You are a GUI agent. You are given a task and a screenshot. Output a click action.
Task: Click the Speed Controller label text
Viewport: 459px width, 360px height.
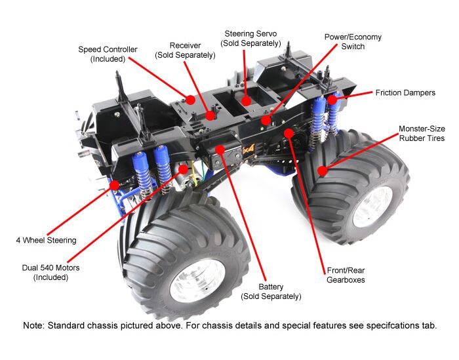click(x=108, y=54)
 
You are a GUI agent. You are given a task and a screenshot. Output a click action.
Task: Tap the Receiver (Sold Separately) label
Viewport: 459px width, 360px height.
click(x=185, y=50)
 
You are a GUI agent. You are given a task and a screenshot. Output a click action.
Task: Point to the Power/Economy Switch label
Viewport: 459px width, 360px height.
click(x=353, y=42)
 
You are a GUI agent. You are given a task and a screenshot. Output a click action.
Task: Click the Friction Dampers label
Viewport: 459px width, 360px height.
click(x=405, y=93)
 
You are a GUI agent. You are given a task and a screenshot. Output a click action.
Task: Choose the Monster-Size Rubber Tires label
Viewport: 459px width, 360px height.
click(x=422, y=133)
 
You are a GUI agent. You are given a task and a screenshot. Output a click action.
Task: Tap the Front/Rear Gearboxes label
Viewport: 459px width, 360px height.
click(x=346, y=275)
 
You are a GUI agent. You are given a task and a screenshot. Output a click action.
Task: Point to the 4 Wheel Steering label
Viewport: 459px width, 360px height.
click(x=46, y=240)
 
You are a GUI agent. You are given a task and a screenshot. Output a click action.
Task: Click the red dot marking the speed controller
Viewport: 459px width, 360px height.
click(x=190, y=100)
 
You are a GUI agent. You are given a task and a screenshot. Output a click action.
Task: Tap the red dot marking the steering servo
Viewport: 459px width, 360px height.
click(x=246, y=100)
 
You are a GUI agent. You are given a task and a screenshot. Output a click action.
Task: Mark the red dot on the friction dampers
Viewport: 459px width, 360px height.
click(x=332, y=100)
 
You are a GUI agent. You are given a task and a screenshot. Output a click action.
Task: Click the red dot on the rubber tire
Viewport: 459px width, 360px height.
click(x=322, y=171)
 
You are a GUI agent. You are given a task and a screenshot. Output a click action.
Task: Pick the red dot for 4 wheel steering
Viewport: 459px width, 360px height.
click(x=115, y=185)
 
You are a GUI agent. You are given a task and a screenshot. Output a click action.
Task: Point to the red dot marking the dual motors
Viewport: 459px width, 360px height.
click(x=184, y=169)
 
